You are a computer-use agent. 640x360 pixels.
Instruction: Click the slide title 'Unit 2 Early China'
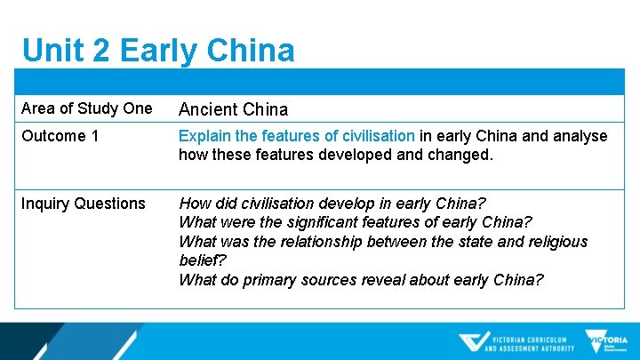point(158,50)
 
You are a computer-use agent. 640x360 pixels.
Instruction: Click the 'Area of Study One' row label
point(86,108)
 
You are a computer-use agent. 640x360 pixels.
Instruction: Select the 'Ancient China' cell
point(233,109)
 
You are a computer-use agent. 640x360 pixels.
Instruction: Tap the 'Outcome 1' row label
point(59,136)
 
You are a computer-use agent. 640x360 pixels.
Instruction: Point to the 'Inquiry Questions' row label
point(83,204)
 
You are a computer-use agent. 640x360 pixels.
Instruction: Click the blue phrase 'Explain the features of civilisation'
point(296,136)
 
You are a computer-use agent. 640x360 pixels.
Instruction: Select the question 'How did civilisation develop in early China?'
point(332,203)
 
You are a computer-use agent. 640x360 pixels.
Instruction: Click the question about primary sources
point(361,280)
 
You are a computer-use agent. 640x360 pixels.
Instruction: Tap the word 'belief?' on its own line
point(203,260)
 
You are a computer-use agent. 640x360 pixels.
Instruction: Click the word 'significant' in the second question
point(332,222)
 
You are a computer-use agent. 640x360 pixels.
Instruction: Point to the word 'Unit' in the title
point(50,50)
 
